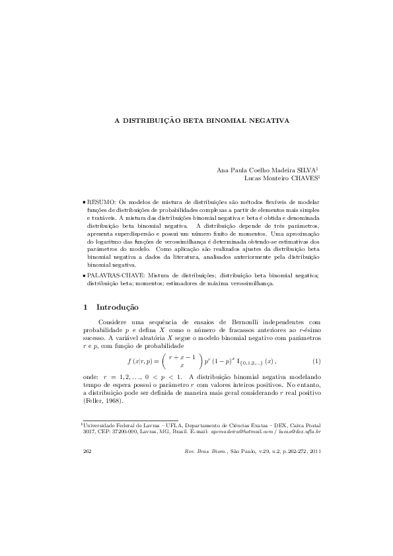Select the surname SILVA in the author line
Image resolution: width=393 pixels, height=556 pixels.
click(304, 170)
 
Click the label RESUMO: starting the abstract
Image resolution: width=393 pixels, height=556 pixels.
click(102, 200)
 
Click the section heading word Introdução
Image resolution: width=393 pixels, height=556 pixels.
click(118, 307)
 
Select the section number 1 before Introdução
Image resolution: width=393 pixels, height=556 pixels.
click(86, 307)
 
